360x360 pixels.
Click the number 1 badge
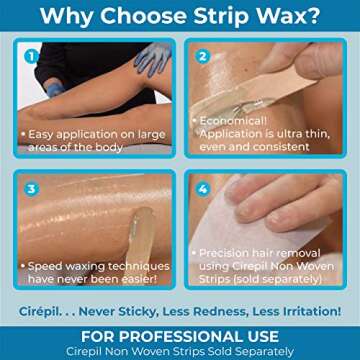(x=31, y=56)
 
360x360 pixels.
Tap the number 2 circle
(x=202, y=56)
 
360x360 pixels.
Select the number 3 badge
(x=31, y=189)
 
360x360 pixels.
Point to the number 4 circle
(x=202, y=189)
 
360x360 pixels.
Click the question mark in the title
(x=313, y=16)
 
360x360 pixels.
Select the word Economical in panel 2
(x=233, y=121)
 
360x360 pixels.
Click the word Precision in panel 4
(x=227, y=253)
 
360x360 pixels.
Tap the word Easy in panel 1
(x=40, y=134)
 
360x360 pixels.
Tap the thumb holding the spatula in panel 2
(x=317, y=62)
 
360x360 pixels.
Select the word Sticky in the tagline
(x=137, y=312)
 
